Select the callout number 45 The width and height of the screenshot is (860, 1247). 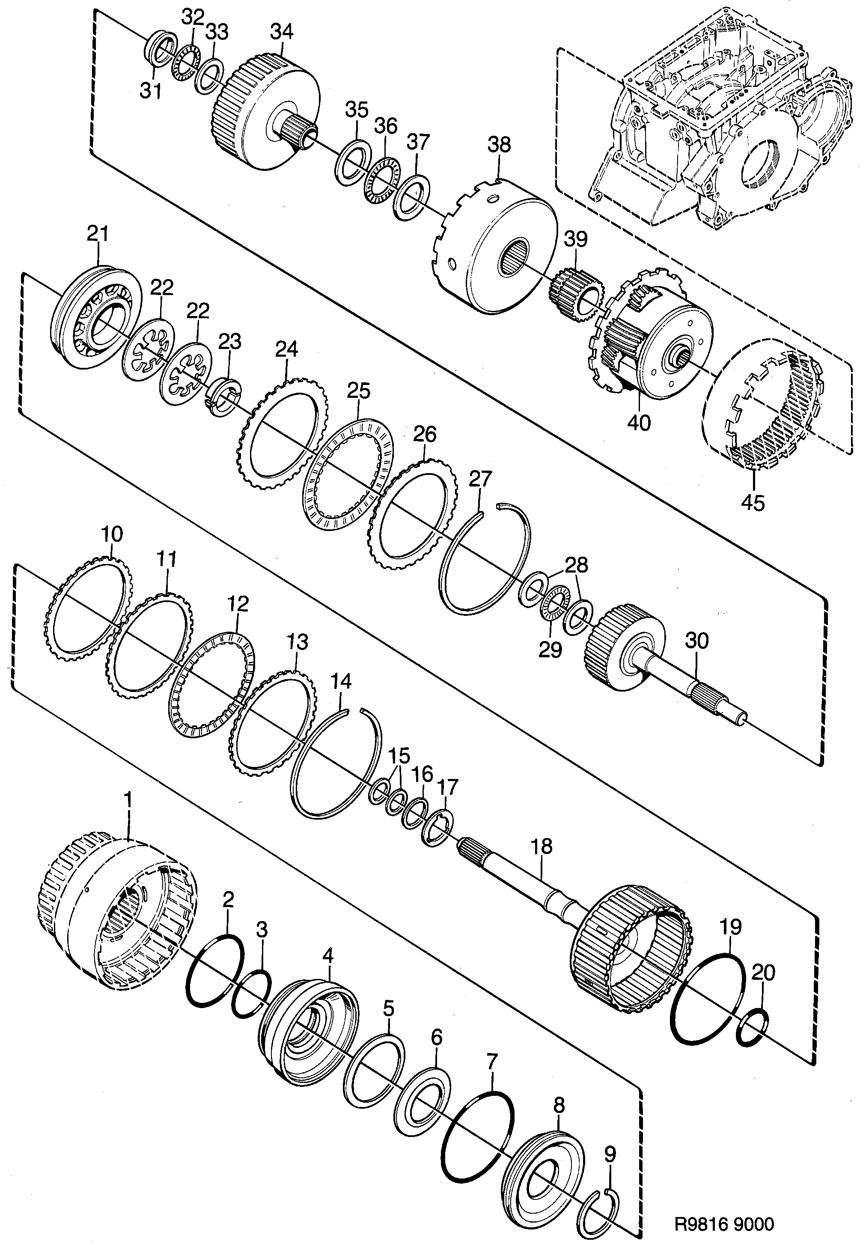(x=753, y=503)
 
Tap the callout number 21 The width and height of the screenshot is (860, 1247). (x=98, y=234)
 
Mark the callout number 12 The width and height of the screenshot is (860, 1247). (x=238, y=604)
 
